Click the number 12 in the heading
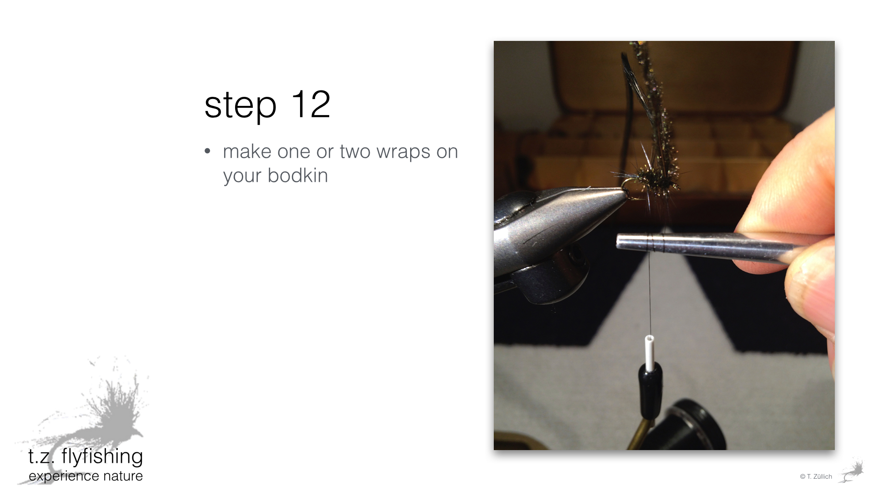pyautogui.click(x=311, y=104)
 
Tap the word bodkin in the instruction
pyautogui.click(x=298, y=175)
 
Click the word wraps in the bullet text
pyautogui.click(x=403, y=152)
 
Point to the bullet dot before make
pyautogui.click(x=208, y=151)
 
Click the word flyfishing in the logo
pyautogui.click(x=102, y=457)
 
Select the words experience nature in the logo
pyautogui.click(x=85, y=476)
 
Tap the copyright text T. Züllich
pyautogui.click(x=816, y=476)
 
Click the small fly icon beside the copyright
pyautogui.click(x=852, y=471)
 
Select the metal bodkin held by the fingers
pyautogui.click(x=709, y=248)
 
